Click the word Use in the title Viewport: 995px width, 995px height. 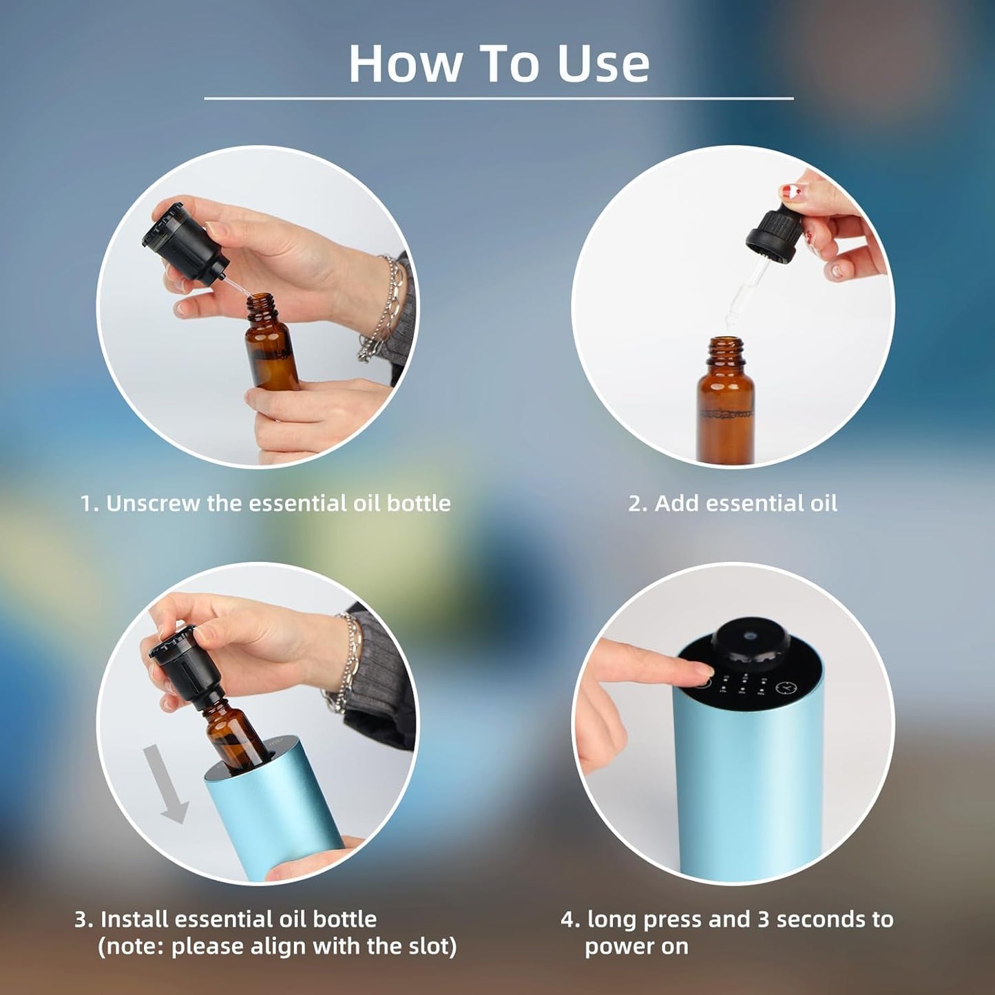click(x=603, y=63)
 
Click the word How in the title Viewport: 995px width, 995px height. click(x=404, y=63)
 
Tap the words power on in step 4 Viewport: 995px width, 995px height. click(x=636, y=946)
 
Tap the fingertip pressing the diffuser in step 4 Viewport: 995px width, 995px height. click(x=699, y=669)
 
